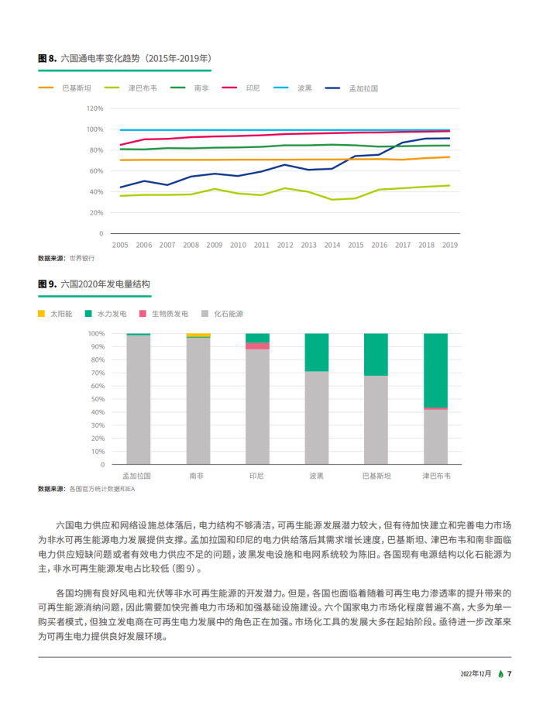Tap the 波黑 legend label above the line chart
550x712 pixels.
pyautogui.click(x=304, y=88)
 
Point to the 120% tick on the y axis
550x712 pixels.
pyautogui.click(x=95, y=108)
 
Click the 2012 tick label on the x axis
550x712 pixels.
pyautogui.click(x=285, y=245)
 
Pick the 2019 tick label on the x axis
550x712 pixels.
pyautogui.click(x=449, y=245)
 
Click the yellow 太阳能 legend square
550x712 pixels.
pyautogui.click(x=41, y=313)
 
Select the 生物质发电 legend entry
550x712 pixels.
pyautogui.click(x=163, y=313)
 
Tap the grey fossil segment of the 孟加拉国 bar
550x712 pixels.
pyautogui.click(x=139, y=400)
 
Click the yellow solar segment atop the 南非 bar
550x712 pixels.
pyautogui.click(x=198, y=335)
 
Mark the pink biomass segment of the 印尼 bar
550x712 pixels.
pyautogui.click(x=257, y=346)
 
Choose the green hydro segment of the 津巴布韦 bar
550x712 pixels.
pyautogui.click(x=435, y=370)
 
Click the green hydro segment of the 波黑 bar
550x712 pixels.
pyautogui.click(x=317, y=353)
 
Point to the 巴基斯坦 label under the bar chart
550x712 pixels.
pyautogui.click(x=376, y=476)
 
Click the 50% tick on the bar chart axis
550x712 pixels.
pyautogui.click(x=98, y=399)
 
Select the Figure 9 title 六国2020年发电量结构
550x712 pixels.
pyautogui.click(x=105, y=284)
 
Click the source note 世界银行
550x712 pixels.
pyautogui.click(x=82, y=258)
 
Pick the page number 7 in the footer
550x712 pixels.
pyautogui.click(x=509, y=673)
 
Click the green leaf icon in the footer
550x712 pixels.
pyautogui.click(x=500, y=674)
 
